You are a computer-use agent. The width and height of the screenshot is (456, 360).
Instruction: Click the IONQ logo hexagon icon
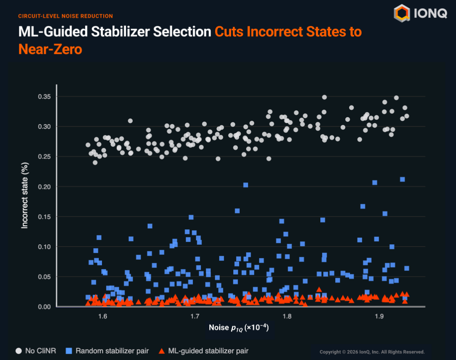[x=402, y=13]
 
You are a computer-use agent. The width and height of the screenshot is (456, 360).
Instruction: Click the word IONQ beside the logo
[x=430, y=13]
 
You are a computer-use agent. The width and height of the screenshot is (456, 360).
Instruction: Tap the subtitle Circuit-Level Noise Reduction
[x=65, y=16]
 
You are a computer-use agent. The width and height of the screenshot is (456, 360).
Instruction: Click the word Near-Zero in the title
[x=50, y=49]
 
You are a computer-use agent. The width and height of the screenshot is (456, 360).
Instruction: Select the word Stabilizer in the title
[x=122, y=32]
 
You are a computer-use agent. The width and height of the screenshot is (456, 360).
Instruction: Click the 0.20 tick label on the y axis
[x=44, y=187]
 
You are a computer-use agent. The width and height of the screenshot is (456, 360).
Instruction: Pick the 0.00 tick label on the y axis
[x=44, y=307]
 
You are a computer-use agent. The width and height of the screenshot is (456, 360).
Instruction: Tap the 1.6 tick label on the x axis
[x=103, y=316]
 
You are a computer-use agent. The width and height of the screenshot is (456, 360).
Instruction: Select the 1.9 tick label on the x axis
[x=379, y=316]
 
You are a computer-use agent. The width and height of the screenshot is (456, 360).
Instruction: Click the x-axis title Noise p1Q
[x=239, y=328]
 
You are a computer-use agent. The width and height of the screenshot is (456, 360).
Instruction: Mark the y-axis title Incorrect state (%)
[x=25, y=195]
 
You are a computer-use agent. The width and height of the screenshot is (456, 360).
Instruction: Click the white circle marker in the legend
[x=19, y=351]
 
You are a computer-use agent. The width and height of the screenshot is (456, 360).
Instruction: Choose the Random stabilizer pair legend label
[x=112, y=351]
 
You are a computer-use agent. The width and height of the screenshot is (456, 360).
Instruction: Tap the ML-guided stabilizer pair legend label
[x=208, y=351]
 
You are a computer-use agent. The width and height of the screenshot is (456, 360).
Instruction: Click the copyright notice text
[x=372, y=352]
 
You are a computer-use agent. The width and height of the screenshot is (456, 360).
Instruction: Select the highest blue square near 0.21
[x=403, y=180]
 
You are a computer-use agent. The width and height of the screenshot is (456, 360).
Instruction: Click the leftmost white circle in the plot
[x=88, y=145]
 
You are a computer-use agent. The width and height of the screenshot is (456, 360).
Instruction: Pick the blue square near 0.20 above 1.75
[x=246, y=185]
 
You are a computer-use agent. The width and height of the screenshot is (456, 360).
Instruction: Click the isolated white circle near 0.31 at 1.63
[x=130, y=121]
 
